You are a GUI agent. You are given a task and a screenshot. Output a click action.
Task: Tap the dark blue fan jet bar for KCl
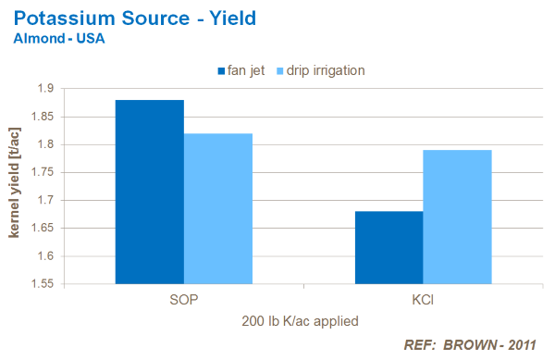389,247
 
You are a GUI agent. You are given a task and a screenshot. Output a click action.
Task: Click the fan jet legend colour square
222,70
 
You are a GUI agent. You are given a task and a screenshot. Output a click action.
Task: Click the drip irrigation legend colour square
277,70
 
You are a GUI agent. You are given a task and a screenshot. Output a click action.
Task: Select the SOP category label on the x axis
183,301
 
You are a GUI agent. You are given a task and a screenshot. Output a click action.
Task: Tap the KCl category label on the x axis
424,301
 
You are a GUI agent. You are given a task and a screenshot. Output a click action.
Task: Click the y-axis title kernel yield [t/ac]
16,186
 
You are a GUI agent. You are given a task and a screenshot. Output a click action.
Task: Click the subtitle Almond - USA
57,39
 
